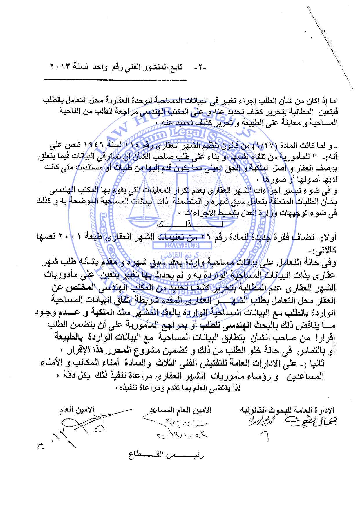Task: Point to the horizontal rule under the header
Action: pos(115,80)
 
